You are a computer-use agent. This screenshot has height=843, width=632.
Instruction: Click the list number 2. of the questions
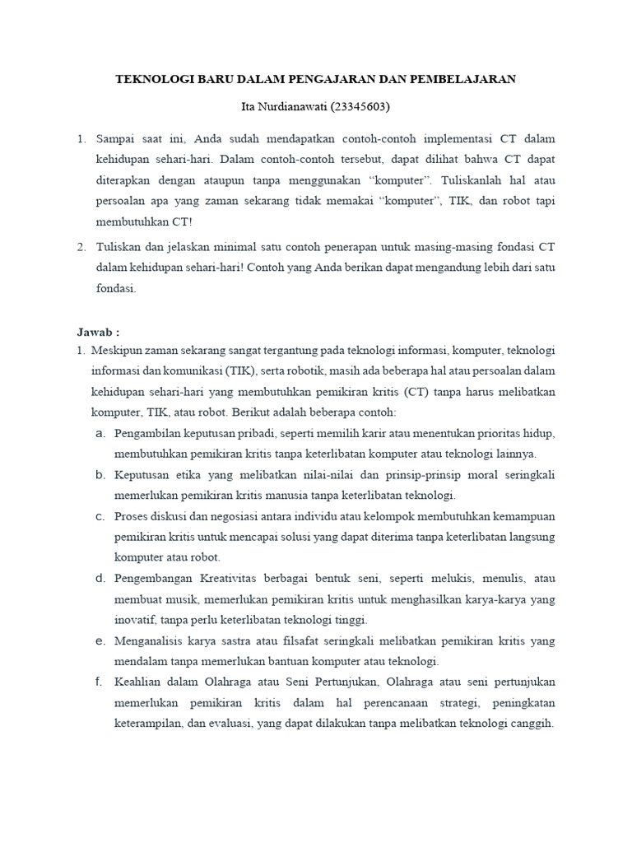point(81,246)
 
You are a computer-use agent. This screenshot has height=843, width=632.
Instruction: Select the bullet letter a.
point(100,432)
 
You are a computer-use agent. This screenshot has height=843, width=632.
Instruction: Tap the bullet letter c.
point(100,516)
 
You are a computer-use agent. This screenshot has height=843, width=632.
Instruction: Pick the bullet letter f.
point(99,682)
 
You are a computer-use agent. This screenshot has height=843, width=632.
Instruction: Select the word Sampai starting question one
point(115,139)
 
